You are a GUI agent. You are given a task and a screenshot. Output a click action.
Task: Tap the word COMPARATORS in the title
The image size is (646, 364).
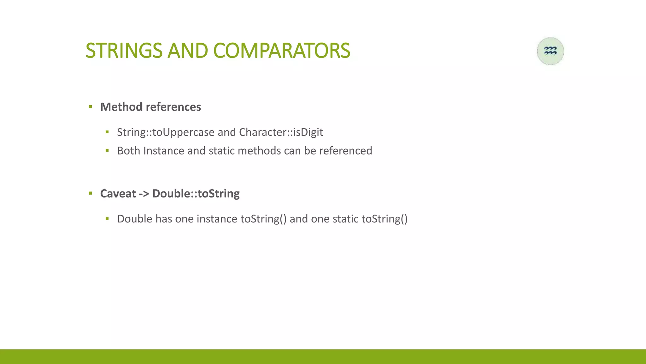281,51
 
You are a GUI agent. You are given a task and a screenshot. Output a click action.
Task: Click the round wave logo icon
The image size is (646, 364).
550,51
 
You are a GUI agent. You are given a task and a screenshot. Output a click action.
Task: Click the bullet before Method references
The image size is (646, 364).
91,107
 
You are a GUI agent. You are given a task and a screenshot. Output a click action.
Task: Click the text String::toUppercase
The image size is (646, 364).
166,132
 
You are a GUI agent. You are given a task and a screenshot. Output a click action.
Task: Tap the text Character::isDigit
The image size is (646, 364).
281,132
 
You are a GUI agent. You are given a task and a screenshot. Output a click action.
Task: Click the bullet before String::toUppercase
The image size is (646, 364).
107,132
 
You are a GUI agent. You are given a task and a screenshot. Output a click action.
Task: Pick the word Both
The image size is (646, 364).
128,151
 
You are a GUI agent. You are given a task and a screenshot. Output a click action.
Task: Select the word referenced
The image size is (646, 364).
345,151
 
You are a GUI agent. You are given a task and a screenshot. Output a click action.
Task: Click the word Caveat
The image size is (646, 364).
118,193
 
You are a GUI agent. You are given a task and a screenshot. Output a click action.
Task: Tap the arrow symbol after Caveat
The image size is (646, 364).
144,193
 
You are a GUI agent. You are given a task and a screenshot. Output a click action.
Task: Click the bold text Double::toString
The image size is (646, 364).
196,193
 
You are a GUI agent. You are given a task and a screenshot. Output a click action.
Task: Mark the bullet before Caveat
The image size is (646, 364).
91,193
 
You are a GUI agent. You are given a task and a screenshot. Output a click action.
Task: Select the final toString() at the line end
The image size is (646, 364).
384,219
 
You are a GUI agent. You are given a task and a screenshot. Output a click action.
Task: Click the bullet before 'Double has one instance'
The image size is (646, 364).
107,219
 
